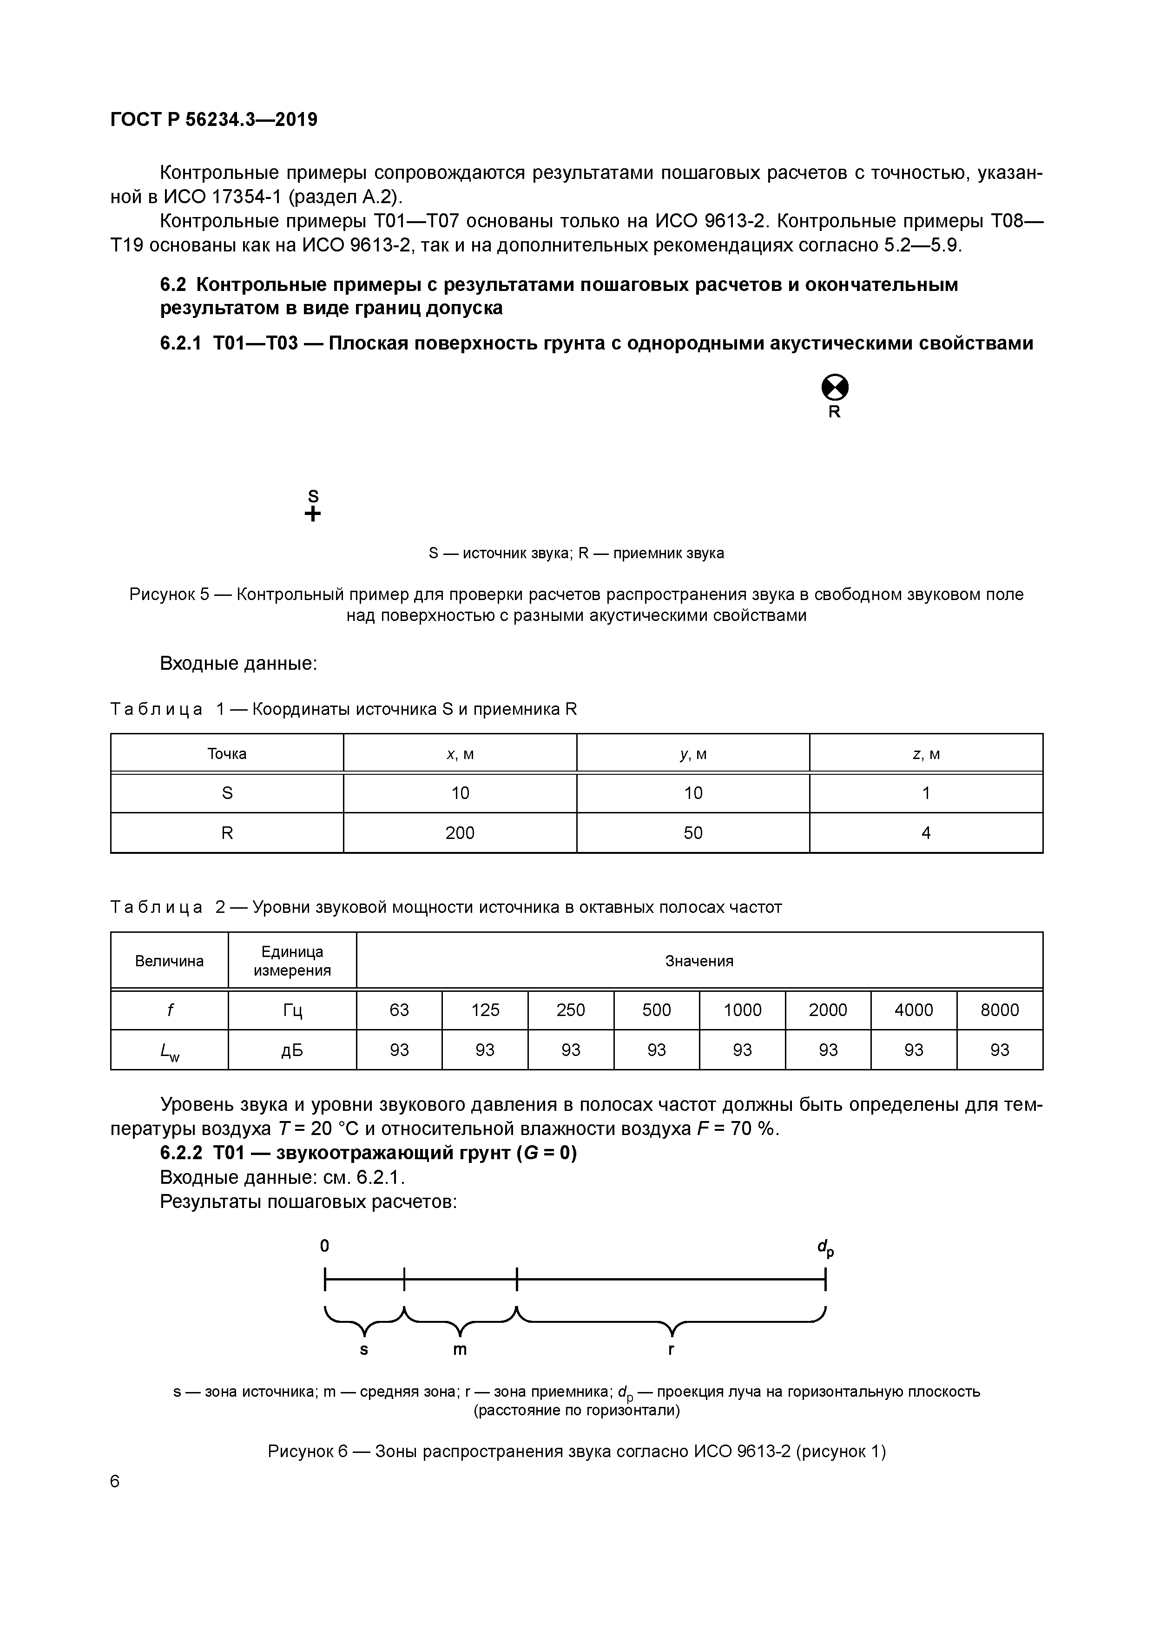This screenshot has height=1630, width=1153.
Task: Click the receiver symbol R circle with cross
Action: (x=835, y=388)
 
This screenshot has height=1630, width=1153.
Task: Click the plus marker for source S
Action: (x=312, y=514)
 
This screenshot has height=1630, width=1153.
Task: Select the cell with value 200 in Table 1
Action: (x=460, y=833)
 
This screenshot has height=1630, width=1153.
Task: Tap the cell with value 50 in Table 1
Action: (x=693, y=833)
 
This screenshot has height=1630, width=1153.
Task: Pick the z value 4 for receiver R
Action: (x=926, y=833)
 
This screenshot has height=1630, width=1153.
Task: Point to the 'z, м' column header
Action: (x=926, y=754)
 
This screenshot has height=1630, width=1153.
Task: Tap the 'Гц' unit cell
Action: (x=292, y=1010)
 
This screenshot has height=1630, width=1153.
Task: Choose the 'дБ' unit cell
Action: (x=292, y=1050)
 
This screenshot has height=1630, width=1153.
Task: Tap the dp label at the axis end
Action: (x=825, y=1247)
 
